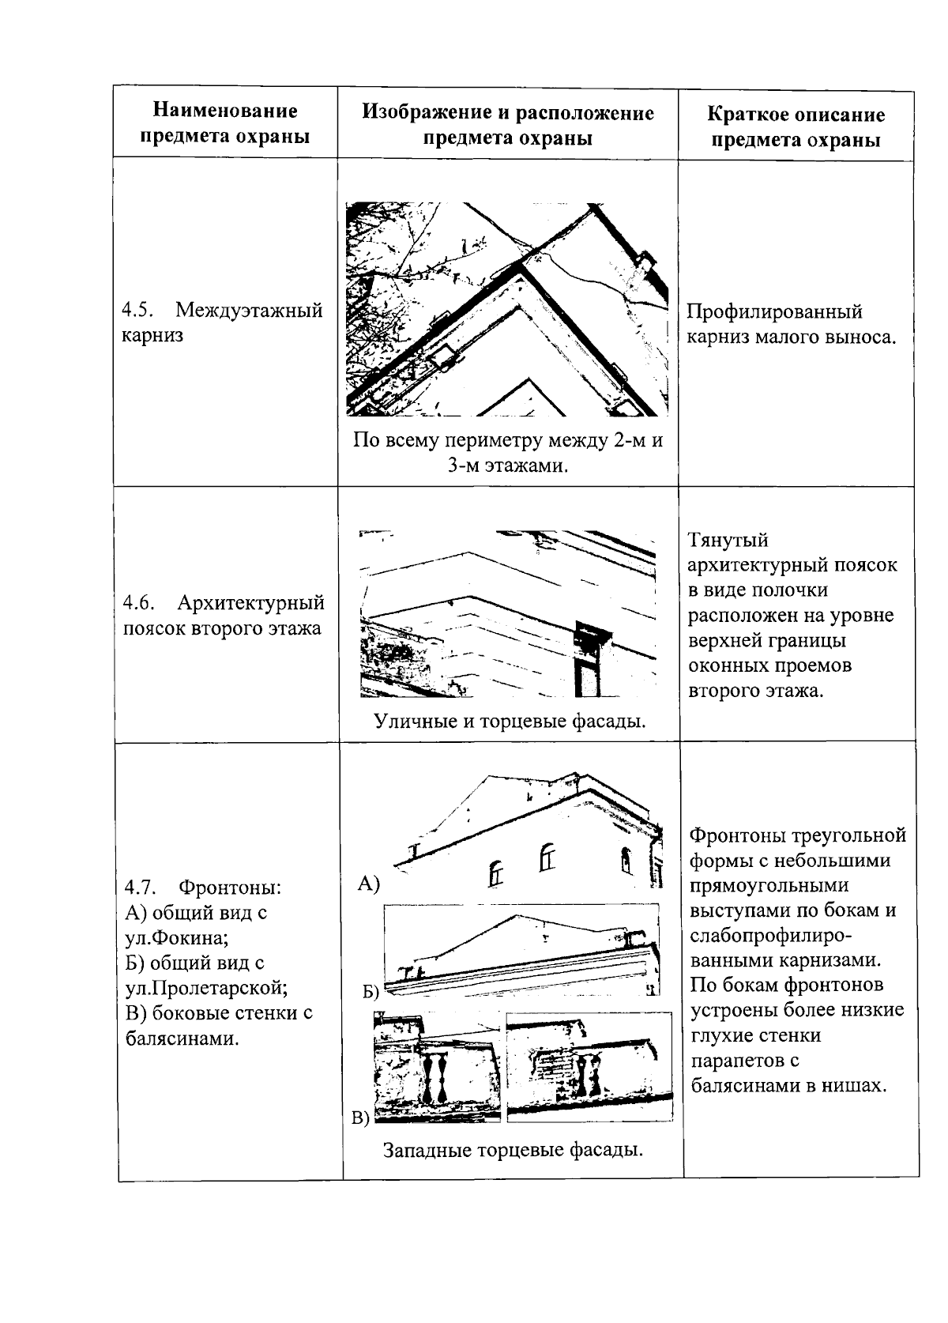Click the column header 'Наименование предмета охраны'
(x=224, y=123)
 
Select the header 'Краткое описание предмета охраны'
(x=796, y=127)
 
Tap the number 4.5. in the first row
(x=140, y=311)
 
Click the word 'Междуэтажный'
(x=249, y=311)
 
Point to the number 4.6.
(x=140, y=604)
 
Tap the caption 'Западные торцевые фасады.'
(x=513, y=1149)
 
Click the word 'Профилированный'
(x=774, y=312)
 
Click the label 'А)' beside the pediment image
(x=368, y=884)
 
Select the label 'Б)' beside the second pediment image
(x=371, y=991)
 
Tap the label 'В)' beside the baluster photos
(x=360, y=1118)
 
